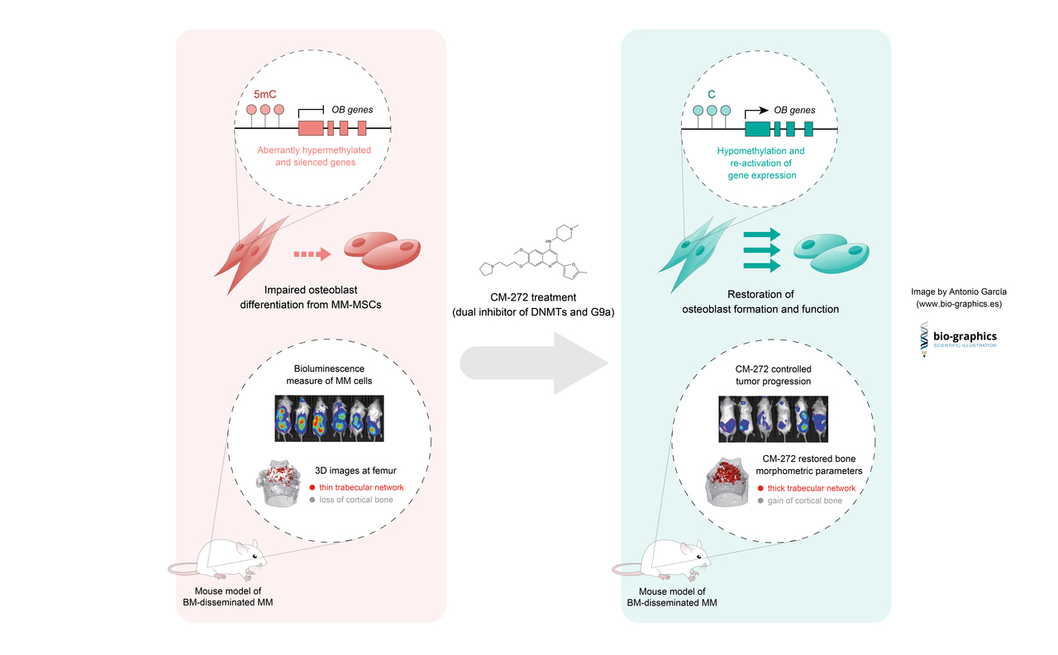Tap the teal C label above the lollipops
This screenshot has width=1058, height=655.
pos(711,95)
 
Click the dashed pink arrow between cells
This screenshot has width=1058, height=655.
pos(312,254)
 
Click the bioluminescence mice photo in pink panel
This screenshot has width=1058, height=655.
pos(330,418)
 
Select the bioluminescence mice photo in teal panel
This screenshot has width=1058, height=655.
pos(773,418)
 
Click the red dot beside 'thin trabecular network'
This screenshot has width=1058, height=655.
pos(312,488)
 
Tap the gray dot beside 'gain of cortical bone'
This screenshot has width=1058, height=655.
pos(759,501)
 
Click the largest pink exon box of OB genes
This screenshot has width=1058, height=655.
pos(310,128)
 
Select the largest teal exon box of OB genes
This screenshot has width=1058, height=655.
pos(757,128)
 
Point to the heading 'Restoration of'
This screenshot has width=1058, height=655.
pos(760,294)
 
